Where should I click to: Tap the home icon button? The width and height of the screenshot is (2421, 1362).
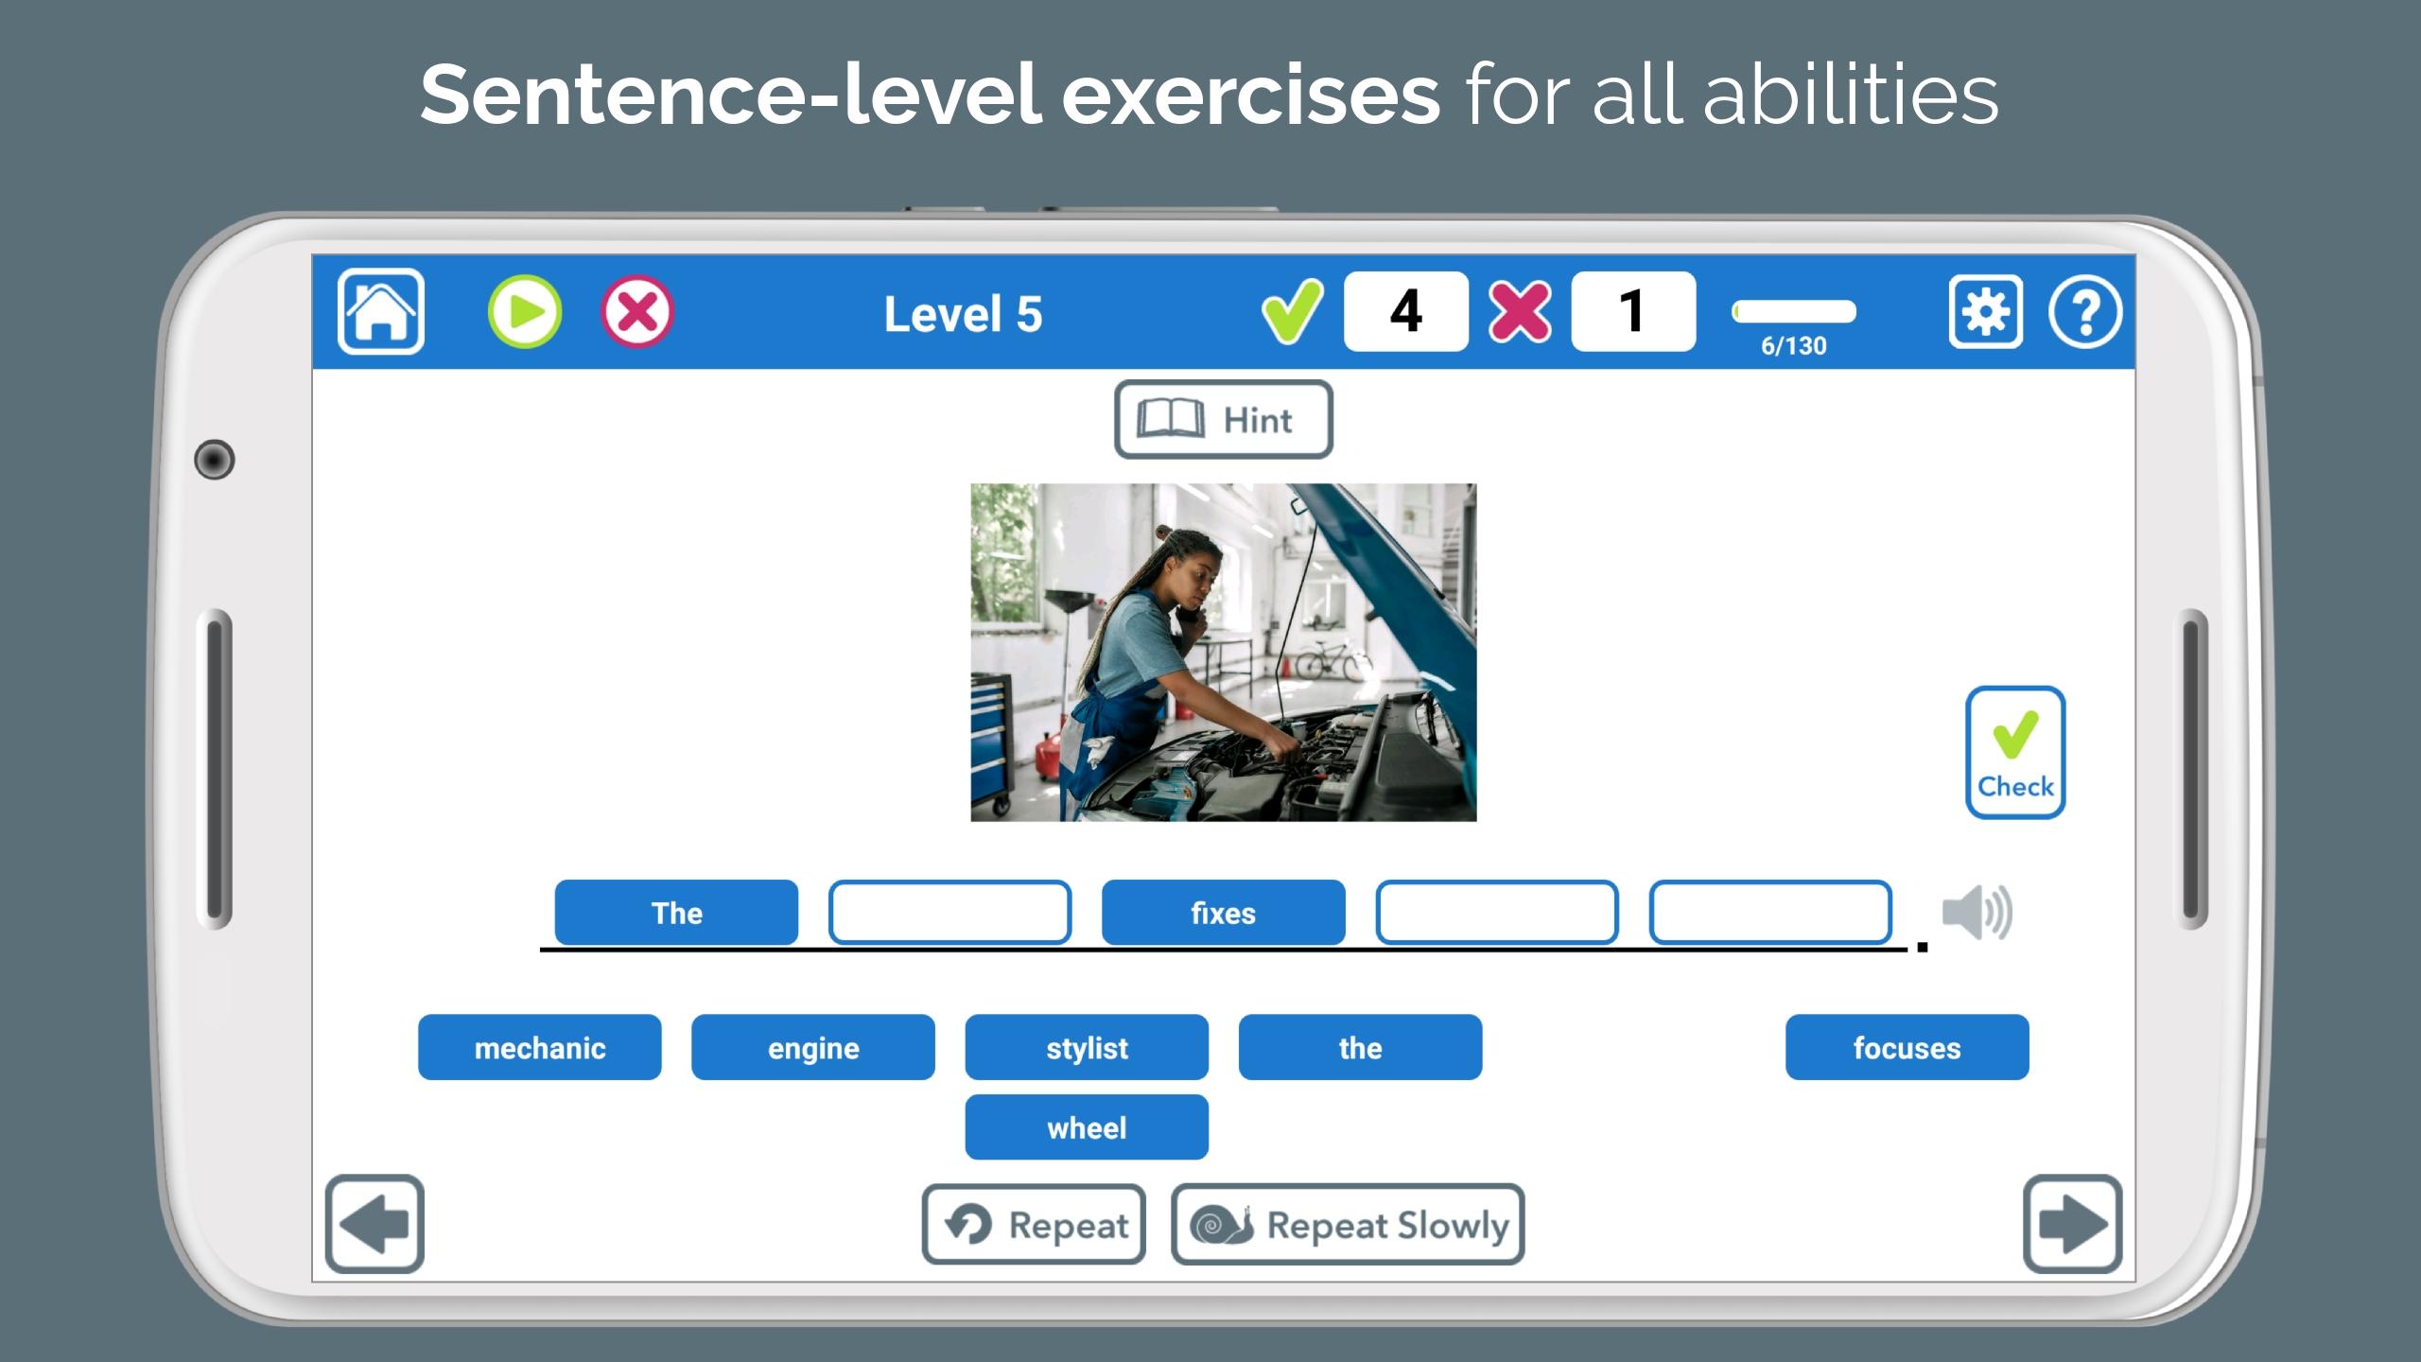coord(380,311)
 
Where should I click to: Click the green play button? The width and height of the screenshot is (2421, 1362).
coord(525,311)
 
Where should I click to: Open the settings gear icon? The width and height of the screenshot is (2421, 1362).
coord(1986,311)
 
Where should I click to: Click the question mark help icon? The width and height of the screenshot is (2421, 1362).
coord(2085,311)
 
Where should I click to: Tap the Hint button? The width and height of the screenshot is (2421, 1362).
coord(1224,419)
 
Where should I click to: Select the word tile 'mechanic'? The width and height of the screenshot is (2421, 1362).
coord(540,1047)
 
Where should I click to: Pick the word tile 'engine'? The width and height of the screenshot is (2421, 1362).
coord(813,1047)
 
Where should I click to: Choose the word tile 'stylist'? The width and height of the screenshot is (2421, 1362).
coord(1087,1047)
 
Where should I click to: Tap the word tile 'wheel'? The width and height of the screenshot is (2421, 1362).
coord(1087,1126)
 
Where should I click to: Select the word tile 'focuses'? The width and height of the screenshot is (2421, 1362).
coord(1907,1047)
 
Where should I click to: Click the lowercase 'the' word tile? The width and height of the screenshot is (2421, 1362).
coord(1361,1047)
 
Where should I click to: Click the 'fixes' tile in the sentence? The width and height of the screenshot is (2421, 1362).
coord(1224,913)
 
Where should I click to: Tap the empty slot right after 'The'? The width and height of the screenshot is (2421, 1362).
coord(950,913)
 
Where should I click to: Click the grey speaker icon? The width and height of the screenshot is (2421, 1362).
coord(1977,913)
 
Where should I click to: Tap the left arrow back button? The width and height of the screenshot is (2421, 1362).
coord(374,1224)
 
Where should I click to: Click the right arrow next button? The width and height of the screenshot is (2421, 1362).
coord(2073,1224)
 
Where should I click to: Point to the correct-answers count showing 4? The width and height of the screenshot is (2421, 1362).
coord(1406,311)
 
